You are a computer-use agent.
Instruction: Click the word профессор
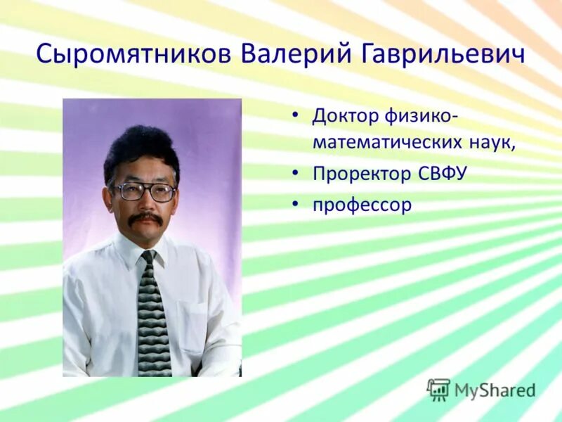362,205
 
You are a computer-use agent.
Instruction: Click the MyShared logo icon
438,389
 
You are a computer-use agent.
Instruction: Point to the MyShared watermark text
495,390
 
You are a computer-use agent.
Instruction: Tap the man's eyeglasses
143,191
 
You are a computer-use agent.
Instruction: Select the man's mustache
145,219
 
